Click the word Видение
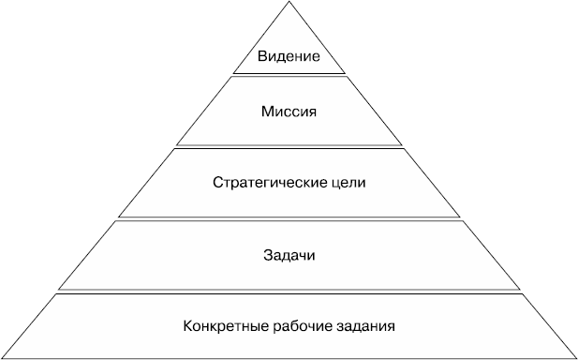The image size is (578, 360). (x=289, y=57)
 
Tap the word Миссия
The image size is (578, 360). (x=289, y=112)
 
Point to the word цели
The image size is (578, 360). (x=348, y=181)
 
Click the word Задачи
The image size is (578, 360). (x=289, y=254)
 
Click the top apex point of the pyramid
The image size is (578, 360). (x=289, y=3)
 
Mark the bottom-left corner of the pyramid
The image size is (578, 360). (x=3, y=357)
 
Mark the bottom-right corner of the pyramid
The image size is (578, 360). (x=574, y=357)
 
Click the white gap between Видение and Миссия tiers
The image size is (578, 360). (x=289, y=74)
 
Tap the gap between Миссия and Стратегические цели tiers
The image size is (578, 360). (x=289, y=146)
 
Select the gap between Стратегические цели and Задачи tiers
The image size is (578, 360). (x=289, y=218)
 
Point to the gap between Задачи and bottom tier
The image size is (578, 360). (x=289, y=291)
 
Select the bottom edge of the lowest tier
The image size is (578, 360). (x=289, y=357)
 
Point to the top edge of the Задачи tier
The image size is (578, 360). (x=289, y=221)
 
